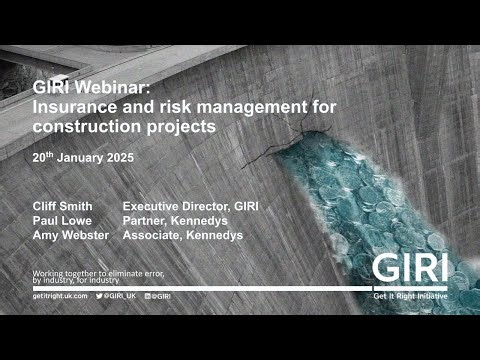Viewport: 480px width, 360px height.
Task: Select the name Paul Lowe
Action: [x=62, y=220]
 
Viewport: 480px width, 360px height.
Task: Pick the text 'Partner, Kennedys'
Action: [x=172, y=220]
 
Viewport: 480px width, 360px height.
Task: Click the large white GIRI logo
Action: [x=410, y=268]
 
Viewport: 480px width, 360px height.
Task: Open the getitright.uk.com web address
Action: [x=59, y=297]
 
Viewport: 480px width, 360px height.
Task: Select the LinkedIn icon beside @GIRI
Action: [x=148, y=297]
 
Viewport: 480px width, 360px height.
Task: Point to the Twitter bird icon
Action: [x=100, y=297]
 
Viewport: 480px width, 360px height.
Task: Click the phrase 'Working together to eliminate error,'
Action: [x=98, y=272]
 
